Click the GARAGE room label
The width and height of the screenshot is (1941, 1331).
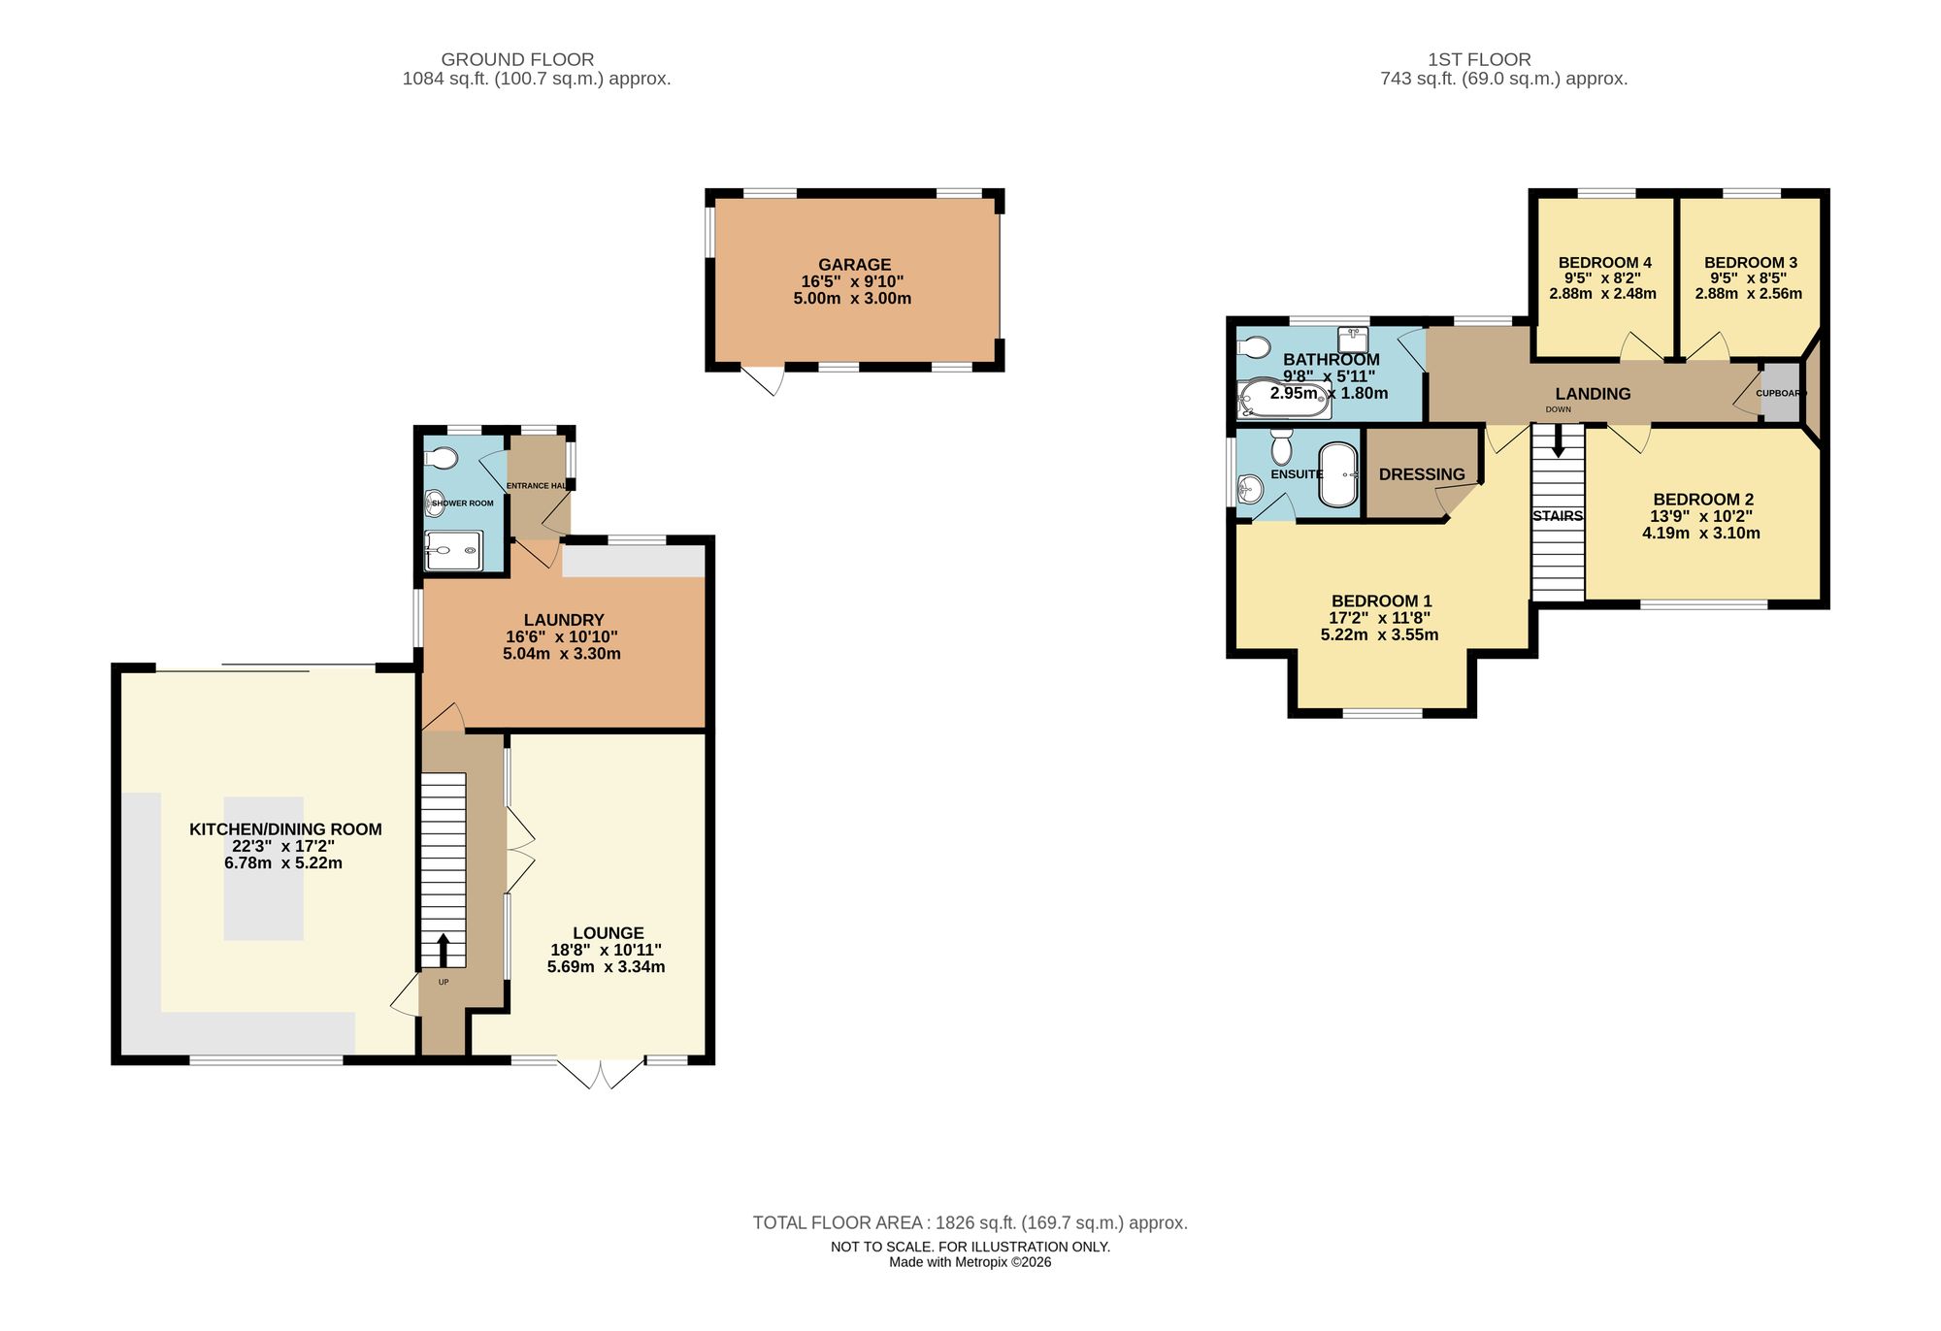pyautogui.click(x=854, y=264)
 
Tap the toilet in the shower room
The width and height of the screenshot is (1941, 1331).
pyautogui.click(x=443, y=458)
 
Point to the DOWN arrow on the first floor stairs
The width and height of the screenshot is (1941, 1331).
pyautogui.click(x=1559, y=442)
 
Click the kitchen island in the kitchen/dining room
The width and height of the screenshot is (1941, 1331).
pyautogui.click(x=264, y=868)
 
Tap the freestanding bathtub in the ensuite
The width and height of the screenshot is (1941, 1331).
pyautogui.click(x=1338, y=475)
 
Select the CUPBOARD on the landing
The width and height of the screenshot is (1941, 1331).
pyautogui.click(x=1781, y=393)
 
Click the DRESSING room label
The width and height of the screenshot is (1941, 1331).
pyautogui.click(x=1422, y=474)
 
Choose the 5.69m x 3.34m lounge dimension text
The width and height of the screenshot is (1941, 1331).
pyautogui.click(x=607, y=967)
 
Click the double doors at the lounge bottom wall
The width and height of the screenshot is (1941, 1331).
pyautogui.click(x=602, y=1072)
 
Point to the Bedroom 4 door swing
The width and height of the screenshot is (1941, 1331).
pyautogui.click(x=1640, y=347)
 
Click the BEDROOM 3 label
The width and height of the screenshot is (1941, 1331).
pyautogui.click(x=1751, y=262)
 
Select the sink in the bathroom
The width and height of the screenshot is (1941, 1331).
pyautogui.click(x=1352, y=340)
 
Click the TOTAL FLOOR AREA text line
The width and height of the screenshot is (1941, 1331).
pyautogui.click(x=970, y=1223)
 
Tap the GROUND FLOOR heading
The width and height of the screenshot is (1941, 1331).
pyautogui.click(x=517, y=59)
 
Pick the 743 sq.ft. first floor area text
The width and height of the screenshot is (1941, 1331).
pyautogui.click(x=1503, y=79)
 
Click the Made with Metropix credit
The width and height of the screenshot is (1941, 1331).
pyautogui.click(x=970, y=1262)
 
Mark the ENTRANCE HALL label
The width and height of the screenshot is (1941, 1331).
pyautogui.click(x=537, y=485)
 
